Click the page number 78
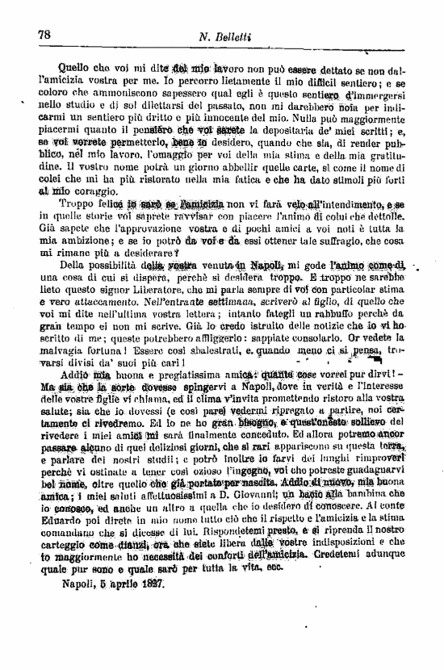44,34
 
